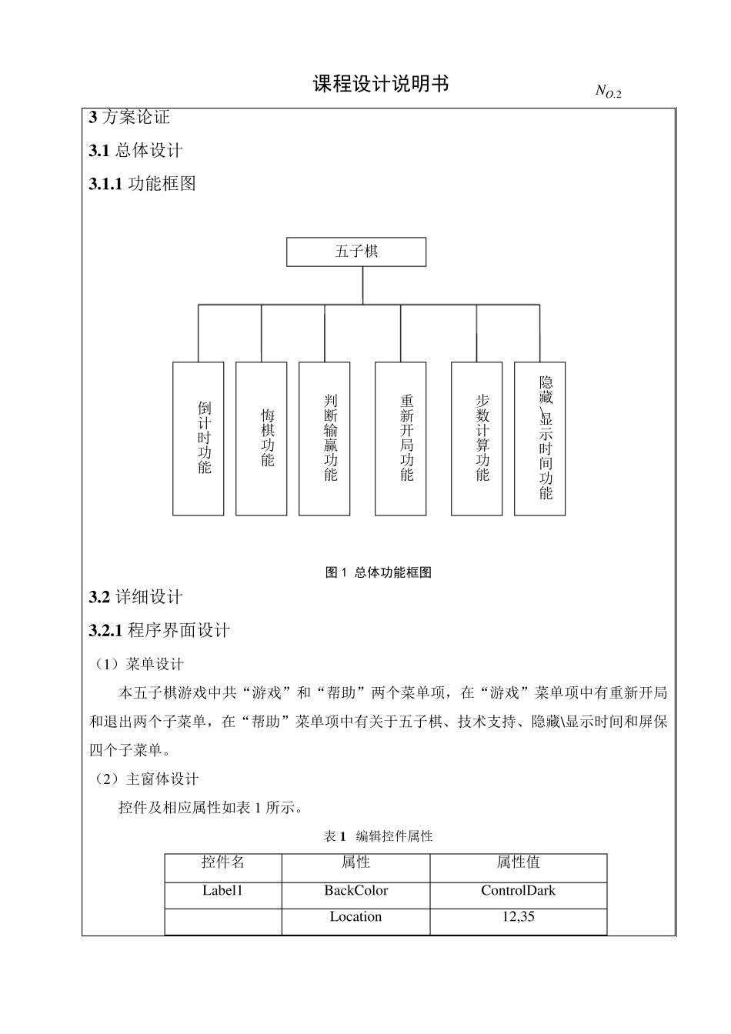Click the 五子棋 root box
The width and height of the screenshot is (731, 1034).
pos(356,252)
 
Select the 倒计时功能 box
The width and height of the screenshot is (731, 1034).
pos(199,438)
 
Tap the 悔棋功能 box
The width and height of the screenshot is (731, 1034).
pos(262,438)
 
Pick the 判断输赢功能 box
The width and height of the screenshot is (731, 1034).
pos(325,438)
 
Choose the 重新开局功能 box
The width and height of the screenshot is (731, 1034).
pos(401,438)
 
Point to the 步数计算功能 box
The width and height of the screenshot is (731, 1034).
pos(477,438)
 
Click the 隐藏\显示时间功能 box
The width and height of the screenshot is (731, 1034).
pos(540,438)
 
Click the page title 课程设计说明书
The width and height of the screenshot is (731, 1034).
pos(381,84)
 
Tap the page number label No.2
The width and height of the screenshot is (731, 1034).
pos(608,92)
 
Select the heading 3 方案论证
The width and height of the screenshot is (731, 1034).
pos(129,118)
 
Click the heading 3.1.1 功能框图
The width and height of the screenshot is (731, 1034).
pos(142,184)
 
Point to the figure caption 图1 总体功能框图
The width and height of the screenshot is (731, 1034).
pos(379,572)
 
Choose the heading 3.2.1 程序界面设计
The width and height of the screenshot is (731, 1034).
pos(159,631)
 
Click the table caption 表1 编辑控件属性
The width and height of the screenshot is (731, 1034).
pos(379,836)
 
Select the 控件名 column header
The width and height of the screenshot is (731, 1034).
pos(223,862)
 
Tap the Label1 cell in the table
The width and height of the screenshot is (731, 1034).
pos(223,891)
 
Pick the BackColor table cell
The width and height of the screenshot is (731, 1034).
pos(355,891)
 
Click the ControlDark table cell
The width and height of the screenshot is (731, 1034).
pos(518,891)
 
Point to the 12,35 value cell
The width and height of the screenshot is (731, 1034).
pos(518,917)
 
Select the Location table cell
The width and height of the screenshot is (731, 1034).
pos(355,917)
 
